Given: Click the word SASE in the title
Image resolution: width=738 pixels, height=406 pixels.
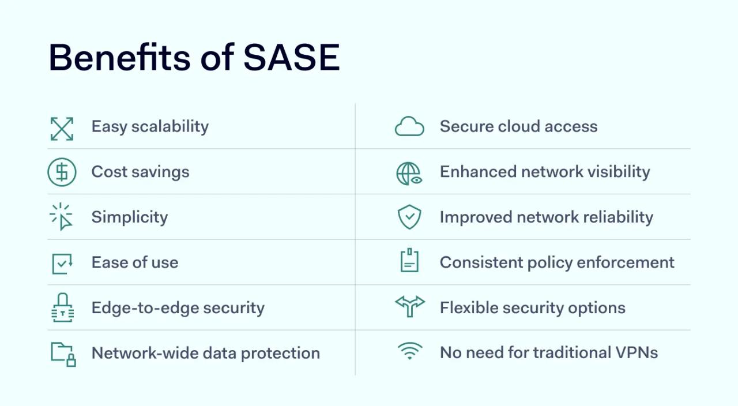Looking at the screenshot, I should tap(291, 58).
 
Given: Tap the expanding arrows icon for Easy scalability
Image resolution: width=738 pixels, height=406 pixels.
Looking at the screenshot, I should tap(62, 129).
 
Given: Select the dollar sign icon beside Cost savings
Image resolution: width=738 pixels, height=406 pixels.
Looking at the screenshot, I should tap(62, 172).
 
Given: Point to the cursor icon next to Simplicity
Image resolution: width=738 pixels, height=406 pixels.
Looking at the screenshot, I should tap(62, 217).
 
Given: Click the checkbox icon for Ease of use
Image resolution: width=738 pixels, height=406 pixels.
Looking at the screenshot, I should tap(62, 263).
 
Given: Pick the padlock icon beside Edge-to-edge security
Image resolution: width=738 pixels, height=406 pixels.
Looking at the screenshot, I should tap(62, 307).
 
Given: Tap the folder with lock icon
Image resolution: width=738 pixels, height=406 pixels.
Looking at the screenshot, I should tap(63, 354).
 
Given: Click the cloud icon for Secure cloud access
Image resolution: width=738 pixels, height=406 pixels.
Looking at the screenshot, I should tap(409, 127).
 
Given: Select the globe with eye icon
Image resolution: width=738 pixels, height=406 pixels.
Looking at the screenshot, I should tap(409, 173).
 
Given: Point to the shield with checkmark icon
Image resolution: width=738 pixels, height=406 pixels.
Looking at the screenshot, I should tap(409, 217).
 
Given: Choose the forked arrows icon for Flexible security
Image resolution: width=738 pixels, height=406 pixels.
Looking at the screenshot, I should tap(409, 306).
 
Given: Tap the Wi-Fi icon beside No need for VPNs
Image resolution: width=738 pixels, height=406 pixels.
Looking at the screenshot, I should tap(409, 351).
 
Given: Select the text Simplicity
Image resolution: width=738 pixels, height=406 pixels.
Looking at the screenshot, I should tap(130, 217).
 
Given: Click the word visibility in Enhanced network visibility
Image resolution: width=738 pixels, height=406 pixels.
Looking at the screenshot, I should tap(616, 172).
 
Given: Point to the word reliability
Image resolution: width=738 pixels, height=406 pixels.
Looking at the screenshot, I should tap(619, 217).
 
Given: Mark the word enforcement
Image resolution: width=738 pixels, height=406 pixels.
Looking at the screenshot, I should tap(626, 262).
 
